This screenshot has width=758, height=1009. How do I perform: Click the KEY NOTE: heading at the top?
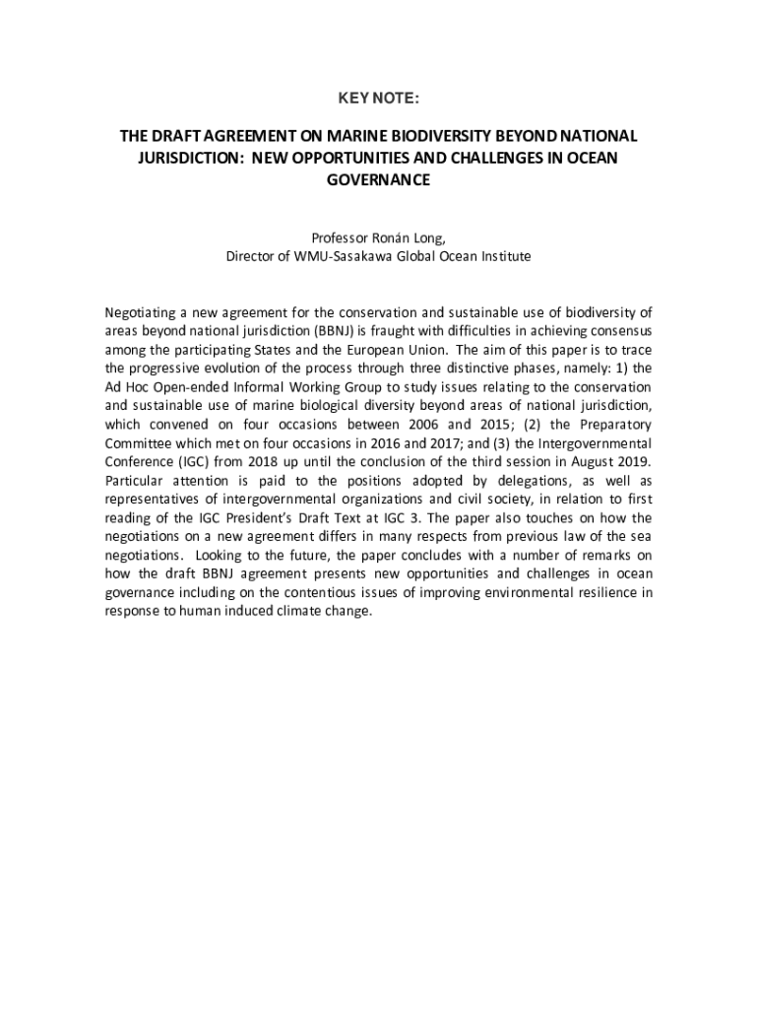pyautogui.click(x=379, y=99)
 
